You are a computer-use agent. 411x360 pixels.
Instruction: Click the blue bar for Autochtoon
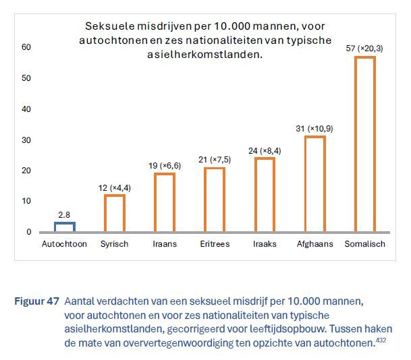pos(65,227)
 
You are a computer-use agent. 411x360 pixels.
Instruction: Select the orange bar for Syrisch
pos(115,213)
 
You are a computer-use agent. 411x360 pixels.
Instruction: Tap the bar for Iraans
pos(165,202)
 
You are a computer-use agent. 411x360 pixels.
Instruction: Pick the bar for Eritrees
pos(215,200)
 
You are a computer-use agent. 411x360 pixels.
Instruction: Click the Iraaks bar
pos(265,195)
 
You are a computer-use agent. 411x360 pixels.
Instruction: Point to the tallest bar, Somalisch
pos(365,144)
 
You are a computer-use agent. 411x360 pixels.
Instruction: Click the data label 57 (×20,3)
pos(365,49)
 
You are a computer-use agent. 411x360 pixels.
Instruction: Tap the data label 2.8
pos(65,214)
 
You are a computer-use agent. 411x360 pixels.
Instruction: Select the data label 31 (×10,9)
pos(314,128)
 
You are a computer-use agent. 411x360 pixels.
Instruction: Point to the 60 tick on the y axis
pos(26,47)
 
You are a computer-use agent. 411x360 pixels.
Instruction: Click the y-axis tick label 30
pos(26,140)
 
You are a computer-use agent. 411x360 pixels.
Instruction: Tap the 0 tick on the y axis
pos(28,232)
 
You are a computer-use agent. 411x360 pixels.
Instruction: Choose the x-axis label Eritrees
pos(215,244)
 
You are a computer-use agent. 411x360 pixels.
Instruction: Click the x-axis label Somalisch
pos(365,244)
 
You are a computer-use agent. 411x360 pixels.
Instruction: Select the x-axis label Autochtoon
pos(65,244)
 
